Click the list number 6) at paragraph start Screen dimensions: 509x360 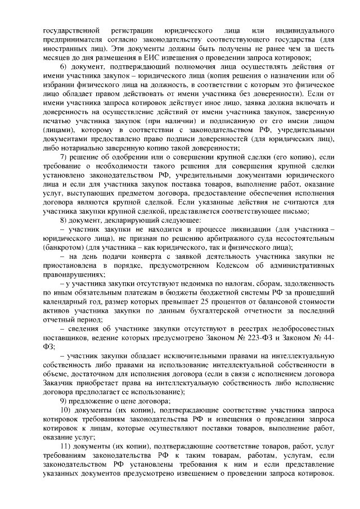pyautogui.click(x=64, y=68)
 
